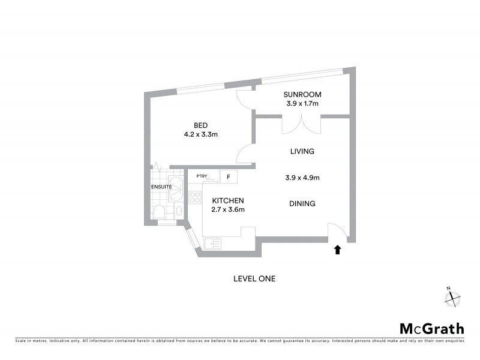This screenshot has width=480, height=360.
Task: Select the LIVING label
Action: pos(302,152)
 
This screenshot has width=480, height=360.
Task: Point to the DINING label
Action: pos(302,204)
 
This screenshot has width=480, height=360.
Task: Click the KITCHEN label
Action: pos(227,200)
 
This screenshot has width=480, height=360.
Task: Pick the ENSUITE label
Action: pos(161,187)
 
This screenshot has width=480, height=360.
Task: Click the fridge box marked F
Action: pos(229,177)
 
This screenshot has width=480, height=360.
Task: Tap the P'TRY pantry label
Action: pos(202,176)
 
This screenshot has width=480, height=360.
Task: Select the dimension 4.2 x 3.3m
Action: pos(200,134)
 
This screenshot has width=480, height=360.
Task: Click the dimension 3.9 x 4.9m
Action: pos(302,178)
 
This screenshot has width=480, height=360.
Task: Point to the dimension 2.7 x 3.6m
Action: pos(227,209)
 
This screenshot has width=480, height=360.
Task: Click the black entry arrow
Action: pos(337,249)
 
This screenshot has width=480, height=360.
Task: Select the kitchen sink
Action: pos(212,243)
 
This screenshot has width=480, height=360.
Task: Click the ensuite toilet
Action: pos(160,211)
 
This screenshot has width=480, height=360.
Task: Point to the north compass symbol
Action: pos(453,297)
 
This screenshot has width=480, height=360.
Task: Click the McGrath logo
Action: pos(432,328)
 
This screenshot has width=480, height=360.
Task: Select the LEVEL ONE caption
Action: pos(254,278)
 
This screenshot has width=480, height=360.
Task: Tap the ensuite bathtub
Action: pos(176,188)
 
